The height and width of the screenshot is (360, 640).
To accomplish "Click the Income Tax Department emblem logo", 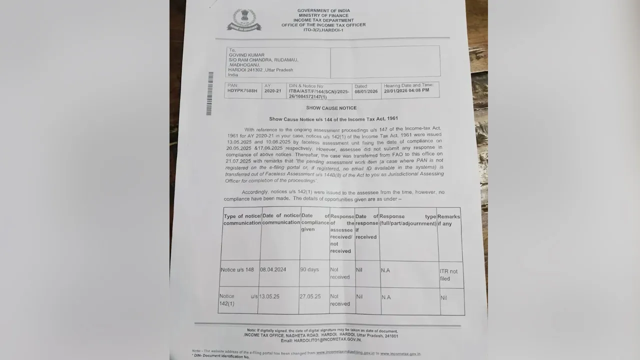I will click(244, 20).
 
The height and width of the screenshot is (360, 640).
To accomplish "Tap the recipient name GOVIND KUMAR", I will click(246, 55).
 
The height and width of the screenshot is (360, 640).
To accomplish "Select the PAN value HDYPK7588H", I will click(242, 91).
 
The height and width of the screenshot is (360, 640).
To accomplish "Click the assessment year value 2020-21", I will click(273, 91).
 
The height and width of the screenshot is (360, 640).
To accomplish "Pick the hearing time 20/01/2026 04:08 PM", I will click(406, 91).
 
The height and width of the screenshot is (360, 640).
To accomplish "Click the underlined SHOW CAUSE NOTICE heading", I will click(331, 108).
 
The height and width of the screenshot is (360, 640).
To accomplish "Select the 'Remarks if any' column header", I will click(448, 220).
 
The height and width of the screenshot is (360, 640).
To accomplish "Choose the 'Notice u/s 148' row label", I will click(237, 270).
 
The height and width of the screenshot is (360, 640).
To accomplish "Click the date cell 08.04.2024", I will click(273, 269).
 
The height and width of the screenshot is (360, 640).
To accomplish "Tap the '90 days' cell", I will click(309, 269).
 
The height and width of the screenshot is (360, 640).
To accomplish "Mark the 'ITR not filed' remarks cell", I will click(448, 275).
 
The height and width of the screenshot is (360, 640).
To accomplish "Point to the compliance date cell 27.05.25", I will click(310, 296).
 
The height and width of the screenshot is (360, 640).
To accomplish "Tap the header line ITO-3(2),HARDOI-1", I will click(323, 30).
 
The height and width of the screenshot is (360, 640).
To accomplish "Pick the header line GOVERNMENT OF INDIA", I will click(323, 10).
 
